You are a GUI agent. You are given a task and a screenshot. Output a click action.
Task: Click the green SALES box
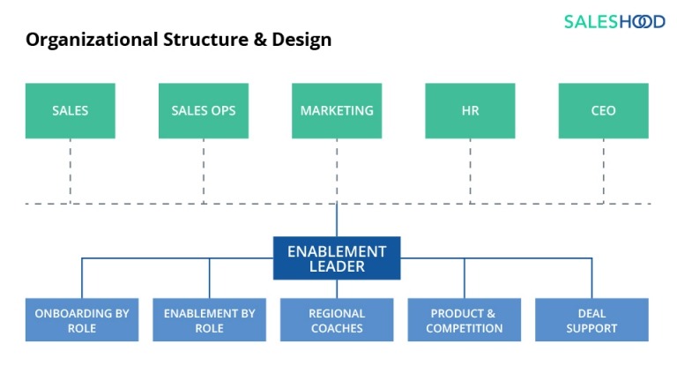click(x=70, y=111)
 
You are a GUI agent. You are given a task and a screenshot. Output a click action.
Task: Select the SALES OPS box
click(x=203, y=111)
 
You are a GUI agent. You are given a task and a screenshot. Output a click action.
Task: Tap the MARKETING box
click(x=337, y=111)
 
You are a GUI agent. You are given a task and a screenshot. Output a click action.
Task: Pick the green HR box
click(x=470, y=111)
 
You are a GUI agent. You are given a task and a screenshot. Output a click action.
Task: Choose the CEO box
click(x=603, y=111)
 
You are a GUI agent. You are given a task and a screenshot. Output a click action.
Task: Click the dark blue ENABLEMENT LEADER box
click(x=337, y=258)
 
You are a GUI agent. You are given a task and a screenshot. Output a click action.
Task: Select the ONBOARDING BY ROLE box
click(x=82, y=320)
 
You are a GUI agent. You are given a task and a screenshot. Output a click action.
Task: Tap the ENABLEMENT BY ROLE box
click(x=209, y=320)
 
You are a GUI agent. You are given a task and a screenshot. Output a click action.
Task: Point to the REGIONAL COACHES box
click(x=337, y=320)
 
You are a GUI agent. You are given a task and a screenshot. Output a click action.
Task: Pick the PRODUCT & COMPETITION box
click(x=464, y=320)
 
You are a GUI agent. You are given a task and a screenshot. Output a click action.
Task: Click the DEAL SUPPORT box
click(x=591, y=320)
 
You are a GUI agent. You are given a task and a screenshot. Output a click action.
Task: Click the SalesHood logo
click(x=614, y=21)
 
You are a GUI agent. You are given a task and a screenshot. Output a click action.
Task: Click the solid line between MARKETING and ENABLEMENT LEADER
click(x=337, y=220)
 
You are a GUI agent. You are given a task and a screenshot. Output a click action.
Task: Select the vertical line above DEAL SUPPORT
click(x=591, y=278)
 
